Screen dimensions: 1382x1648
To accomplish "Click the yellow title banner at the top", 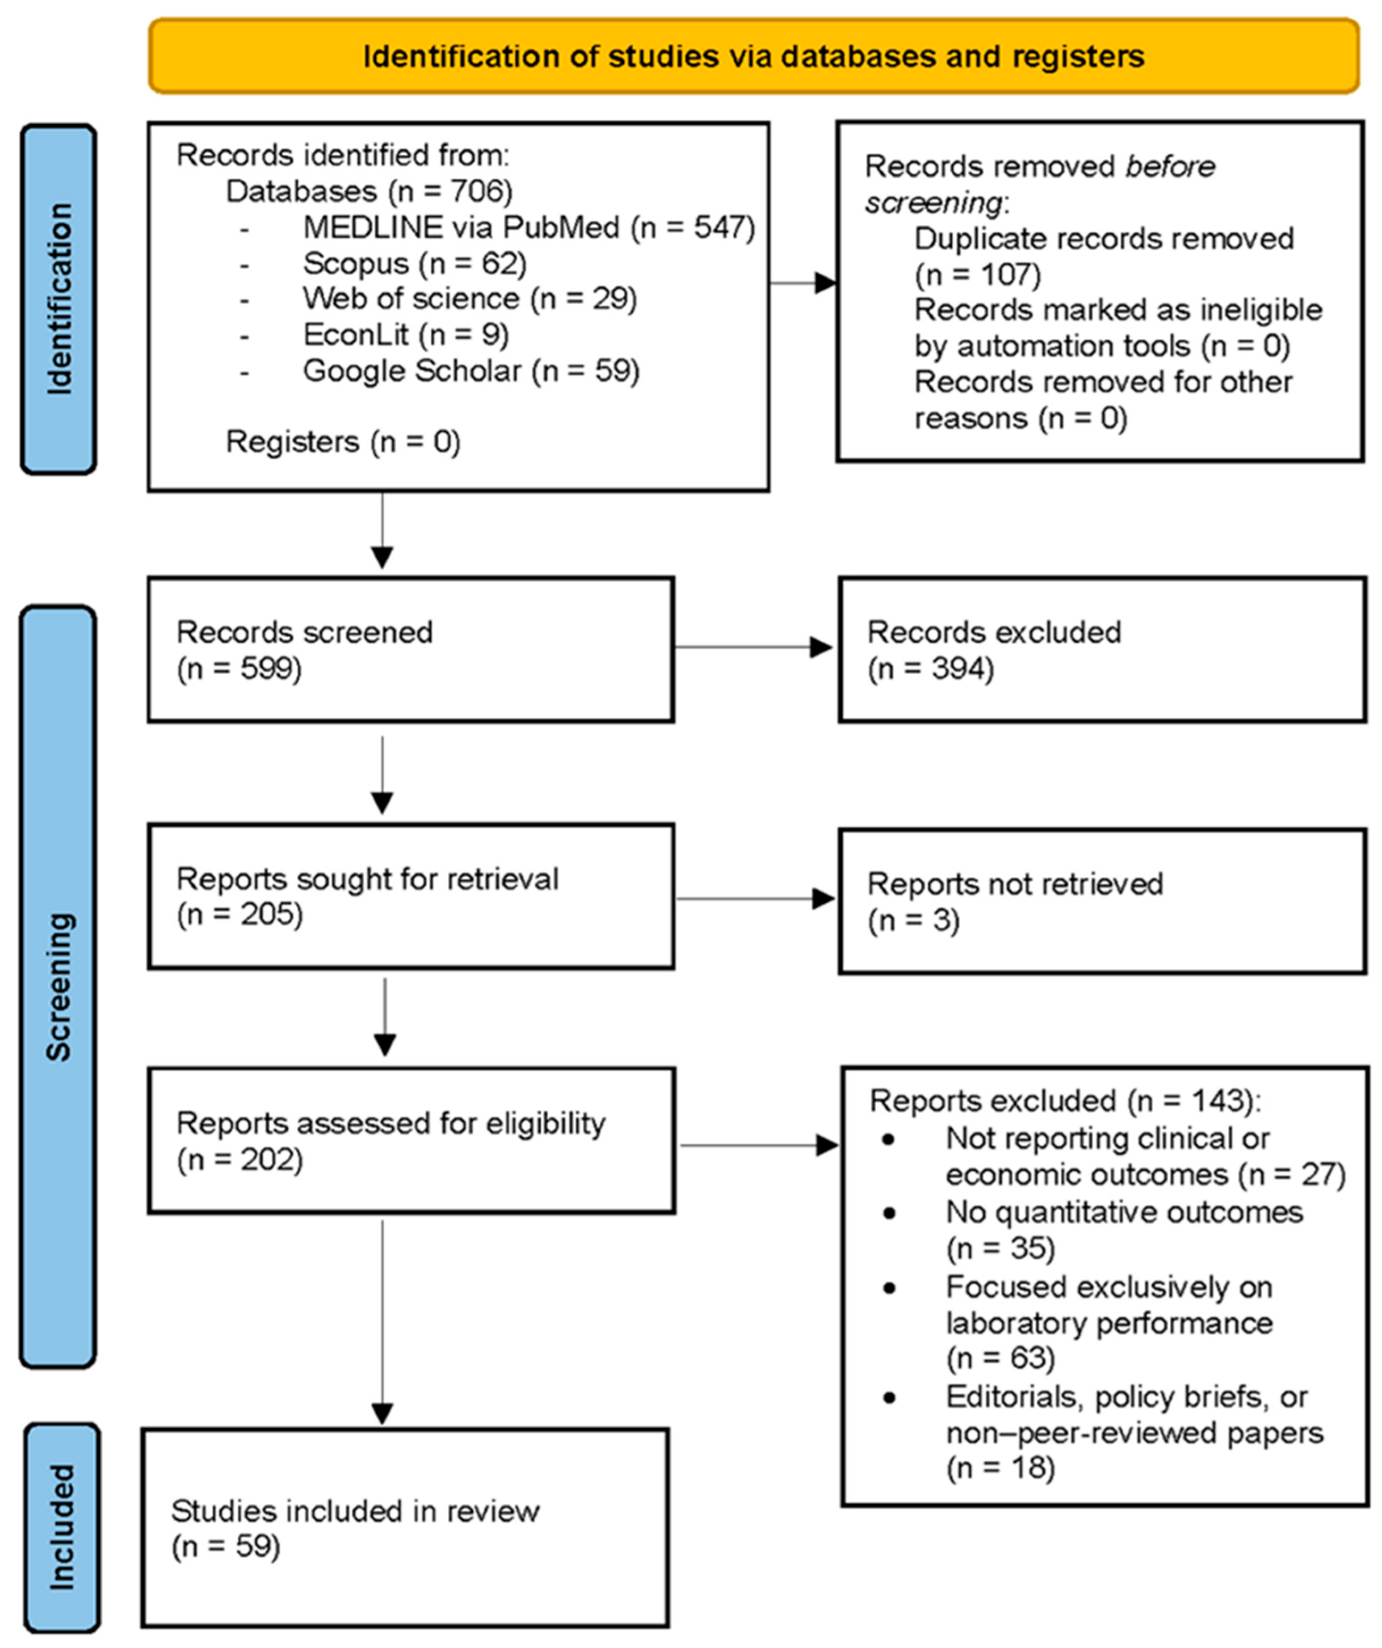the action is point(753,56).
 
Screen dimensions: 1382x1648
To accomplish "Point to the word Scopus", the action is point(356,264).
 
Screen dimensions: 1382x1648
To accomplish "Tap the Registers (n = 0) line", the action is point(343,442).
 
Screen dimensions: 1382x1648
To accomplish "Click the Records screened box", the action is point(411,650).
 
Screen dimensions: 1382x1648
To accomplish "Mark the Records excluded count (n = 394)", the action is point(931,668).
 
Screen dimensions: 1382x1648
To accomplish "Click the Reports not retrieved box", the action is point(1103,901).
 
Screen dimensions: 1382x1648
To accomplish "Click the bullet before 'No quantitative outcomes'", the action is point(889,1213).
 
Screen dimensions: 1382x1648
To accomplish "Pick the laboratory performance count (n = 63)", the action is point(1000,1358).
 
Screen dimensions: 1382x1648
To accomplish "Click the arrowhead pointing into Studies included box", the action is point(382,1415).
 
